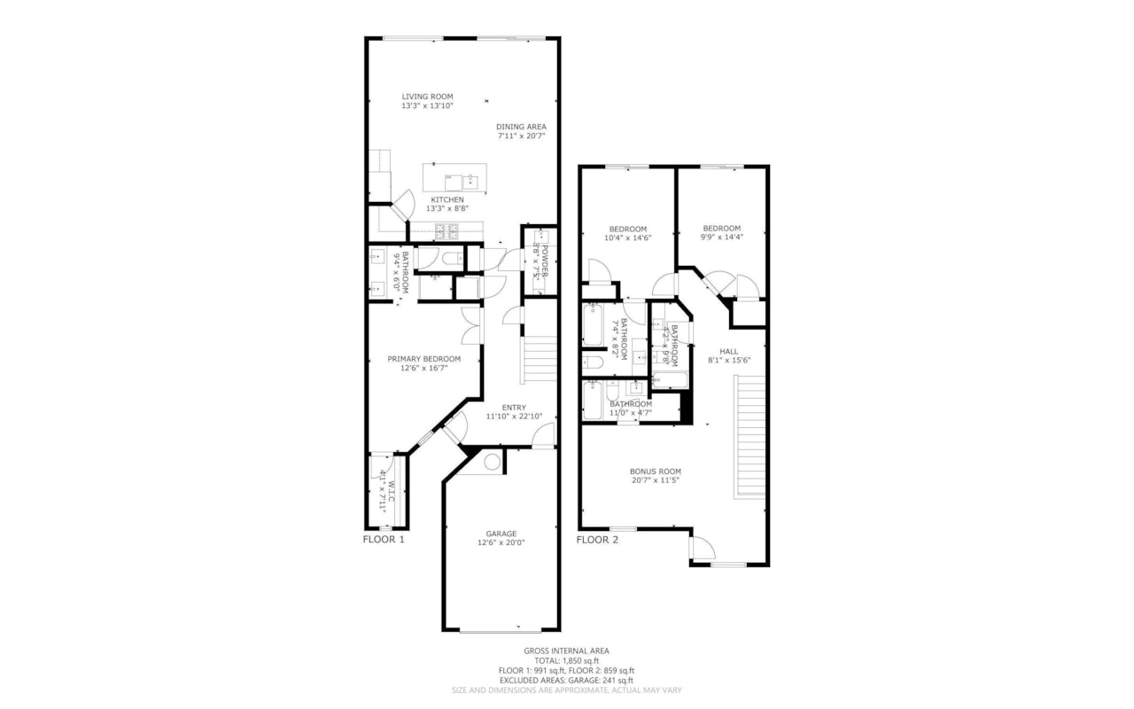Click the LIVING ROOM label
coord(427,97)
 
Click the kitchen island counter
coord(454,177)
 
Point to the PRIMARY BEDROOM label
coord(423,359)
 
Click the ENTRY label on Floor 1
coord(513,408)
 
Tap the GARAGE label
coord(501,534)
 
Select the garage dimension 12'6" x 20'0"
coord(501,543)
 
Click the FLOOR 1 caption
coord(384,539)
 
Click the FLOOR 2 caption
coord(597,539)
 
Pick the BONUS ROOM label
coord(656,471)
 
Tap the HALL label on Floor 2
coord(728,352)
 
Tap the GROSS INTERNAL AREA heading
coord(566,651)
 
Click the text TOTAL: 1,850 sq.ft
coord(566,661)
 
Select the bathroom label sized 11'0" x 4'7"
coord(630,404)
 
